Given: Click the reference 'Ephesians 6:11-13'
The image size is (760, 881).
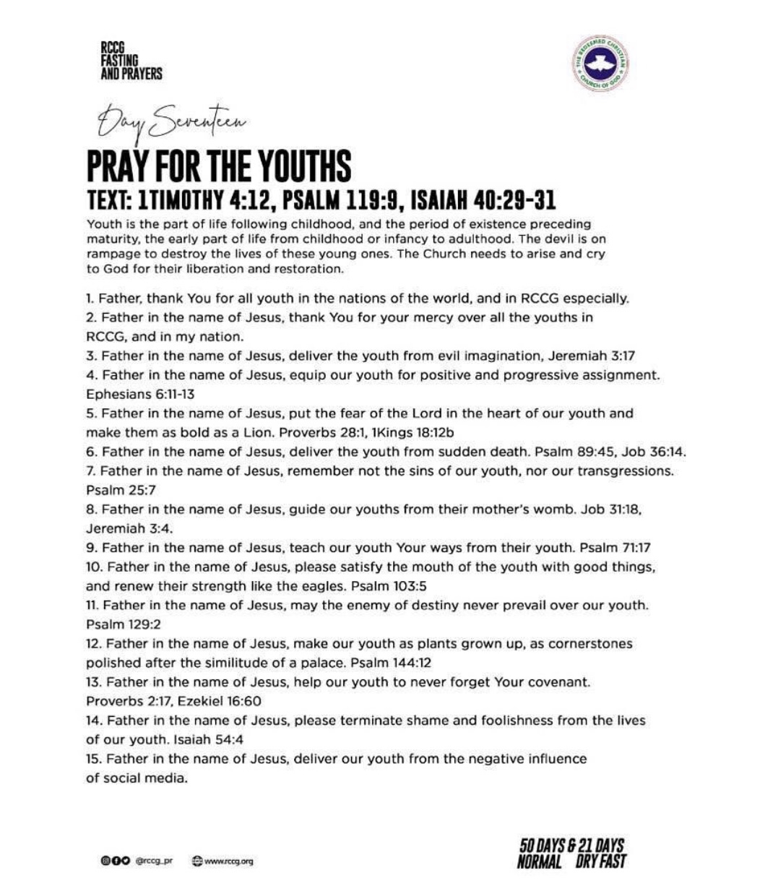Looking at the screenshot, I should coord(131,395).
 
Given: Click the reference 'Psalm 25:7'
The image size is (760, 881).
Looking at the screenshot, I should coord(116,490).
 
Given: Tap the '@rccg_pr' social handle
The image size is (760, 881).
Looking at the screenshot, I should coord(156,861).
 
